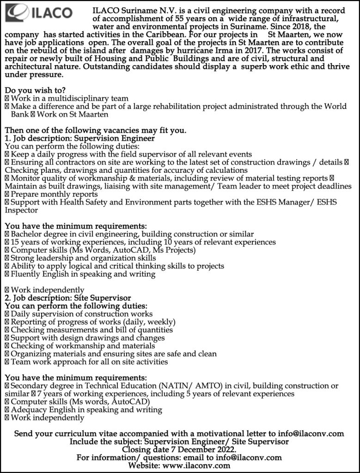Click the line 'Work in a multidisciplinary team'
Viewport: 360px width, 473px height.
pyautogui.click(x=69, y=98)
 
